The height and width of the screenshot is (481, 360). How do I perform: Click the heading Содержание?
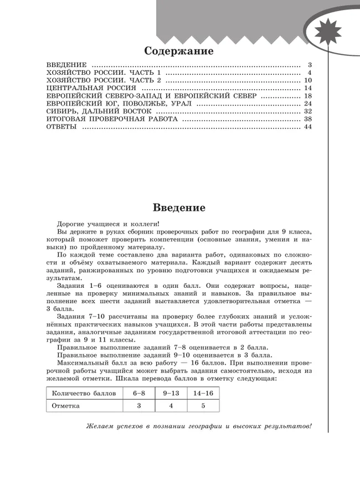178,51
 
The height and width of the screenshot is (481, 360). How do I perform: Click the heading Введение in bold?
178,208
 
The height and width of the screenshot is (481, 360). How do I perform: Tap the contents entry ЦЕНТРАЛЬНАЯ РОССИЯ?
91,88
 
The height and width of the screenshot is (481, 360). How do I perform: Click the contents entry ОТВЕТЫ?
61,127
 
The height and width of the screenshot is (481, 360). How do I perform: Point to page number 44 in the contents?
308,127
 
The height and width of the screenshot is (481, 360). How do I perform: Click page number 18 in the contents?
308,96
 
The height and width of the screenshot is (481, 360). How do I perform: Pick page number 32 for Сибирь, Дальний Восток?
308,111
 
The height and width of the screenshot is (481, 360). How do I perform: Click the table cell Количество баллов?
84,393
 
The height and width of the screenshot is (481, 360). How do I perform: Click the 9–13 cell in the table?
171,393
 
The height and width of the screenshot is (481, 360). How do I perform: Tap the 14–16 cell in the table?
203,393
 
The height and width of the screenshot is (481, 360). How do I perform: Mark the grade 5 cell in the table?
203,406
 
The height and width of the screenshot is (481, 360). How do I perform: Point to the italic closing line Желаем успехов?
199,426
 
